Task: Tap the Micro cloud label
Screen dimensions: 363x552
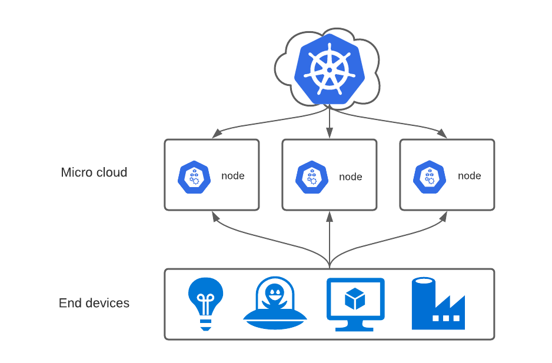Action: [x=94, y=172]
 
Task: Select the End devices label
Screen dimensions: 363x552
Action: [x=94, y=303]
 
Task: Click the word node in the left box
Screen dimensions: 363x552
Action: [x=232, y=176]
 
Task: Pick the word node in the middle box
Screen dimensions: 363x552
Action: [x=350, y=176]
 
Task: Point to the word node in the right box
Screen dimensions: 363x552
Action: [x=469, y=176]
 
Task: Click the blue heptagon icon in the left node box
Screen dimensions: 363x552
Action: [x=194, y=176]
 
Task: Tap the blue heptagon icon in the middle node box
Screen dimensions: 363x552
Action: [x=312, y=176]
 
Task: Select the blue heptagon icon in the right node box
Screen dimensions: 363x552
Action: [x=430, y=176]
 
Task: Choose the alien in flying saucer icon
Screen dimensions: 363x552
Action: [x=275, y=304]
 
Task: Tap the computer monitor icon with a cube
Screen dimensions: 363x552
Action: [x=355, y=303]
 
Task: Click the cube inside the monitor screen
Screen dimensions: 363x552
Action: [x=355, y=298]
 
